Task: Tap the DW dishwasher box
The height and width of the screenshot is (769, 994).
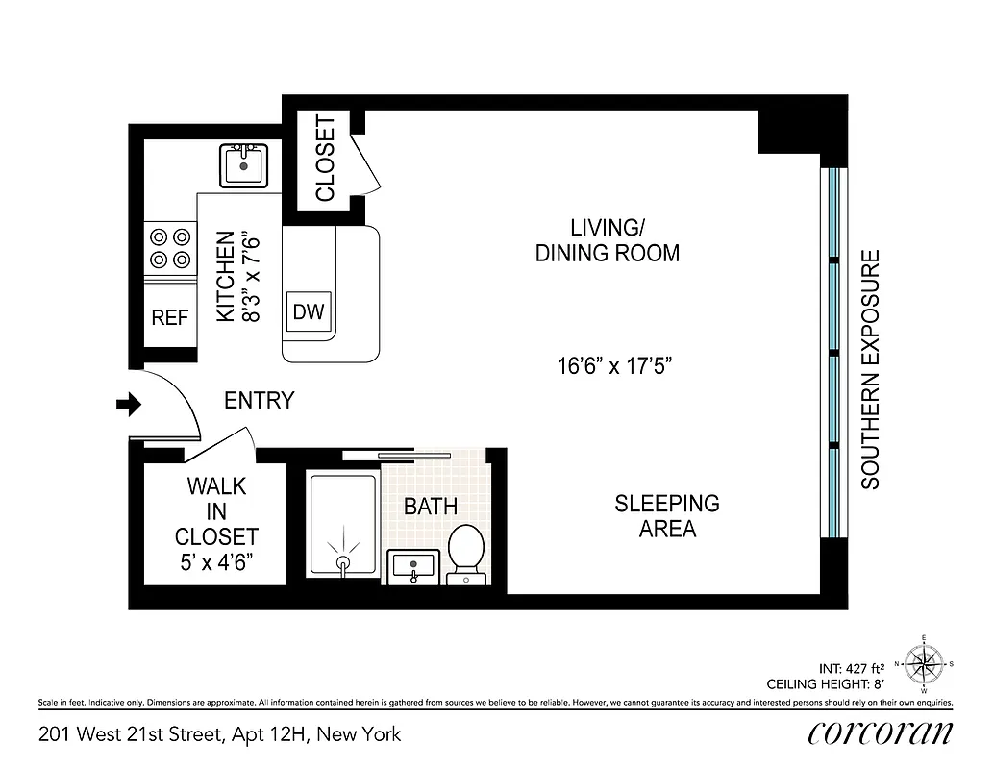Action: [309, 312]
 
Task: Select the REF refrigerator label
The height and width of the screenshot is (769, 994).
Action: [170, 317]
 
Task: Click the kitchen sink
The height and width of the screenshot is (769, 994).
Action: [243, 165]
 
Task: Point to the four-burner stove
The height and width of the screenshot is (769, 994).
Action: [169, 247]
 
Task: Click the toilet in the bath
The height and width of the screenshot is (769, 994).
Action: [468, 554]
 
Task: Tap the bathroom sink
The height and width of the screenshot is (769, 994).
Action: [414, 566]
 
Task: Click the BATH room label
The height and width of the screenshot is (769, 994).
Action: [430, 507]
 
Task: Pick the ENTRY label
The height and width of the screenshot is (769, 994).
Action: [259, 401]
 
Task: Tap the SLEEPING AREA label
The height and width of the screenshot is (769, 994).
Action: [667, 516]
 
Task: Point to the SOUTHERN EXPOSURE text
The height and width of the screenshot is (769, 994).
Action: [871, 370]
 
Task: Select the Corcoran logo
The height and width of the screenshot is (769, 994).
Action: [881, 732]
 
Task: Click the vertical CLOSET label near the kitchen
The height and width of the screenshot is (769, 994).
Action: [326, 159]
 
